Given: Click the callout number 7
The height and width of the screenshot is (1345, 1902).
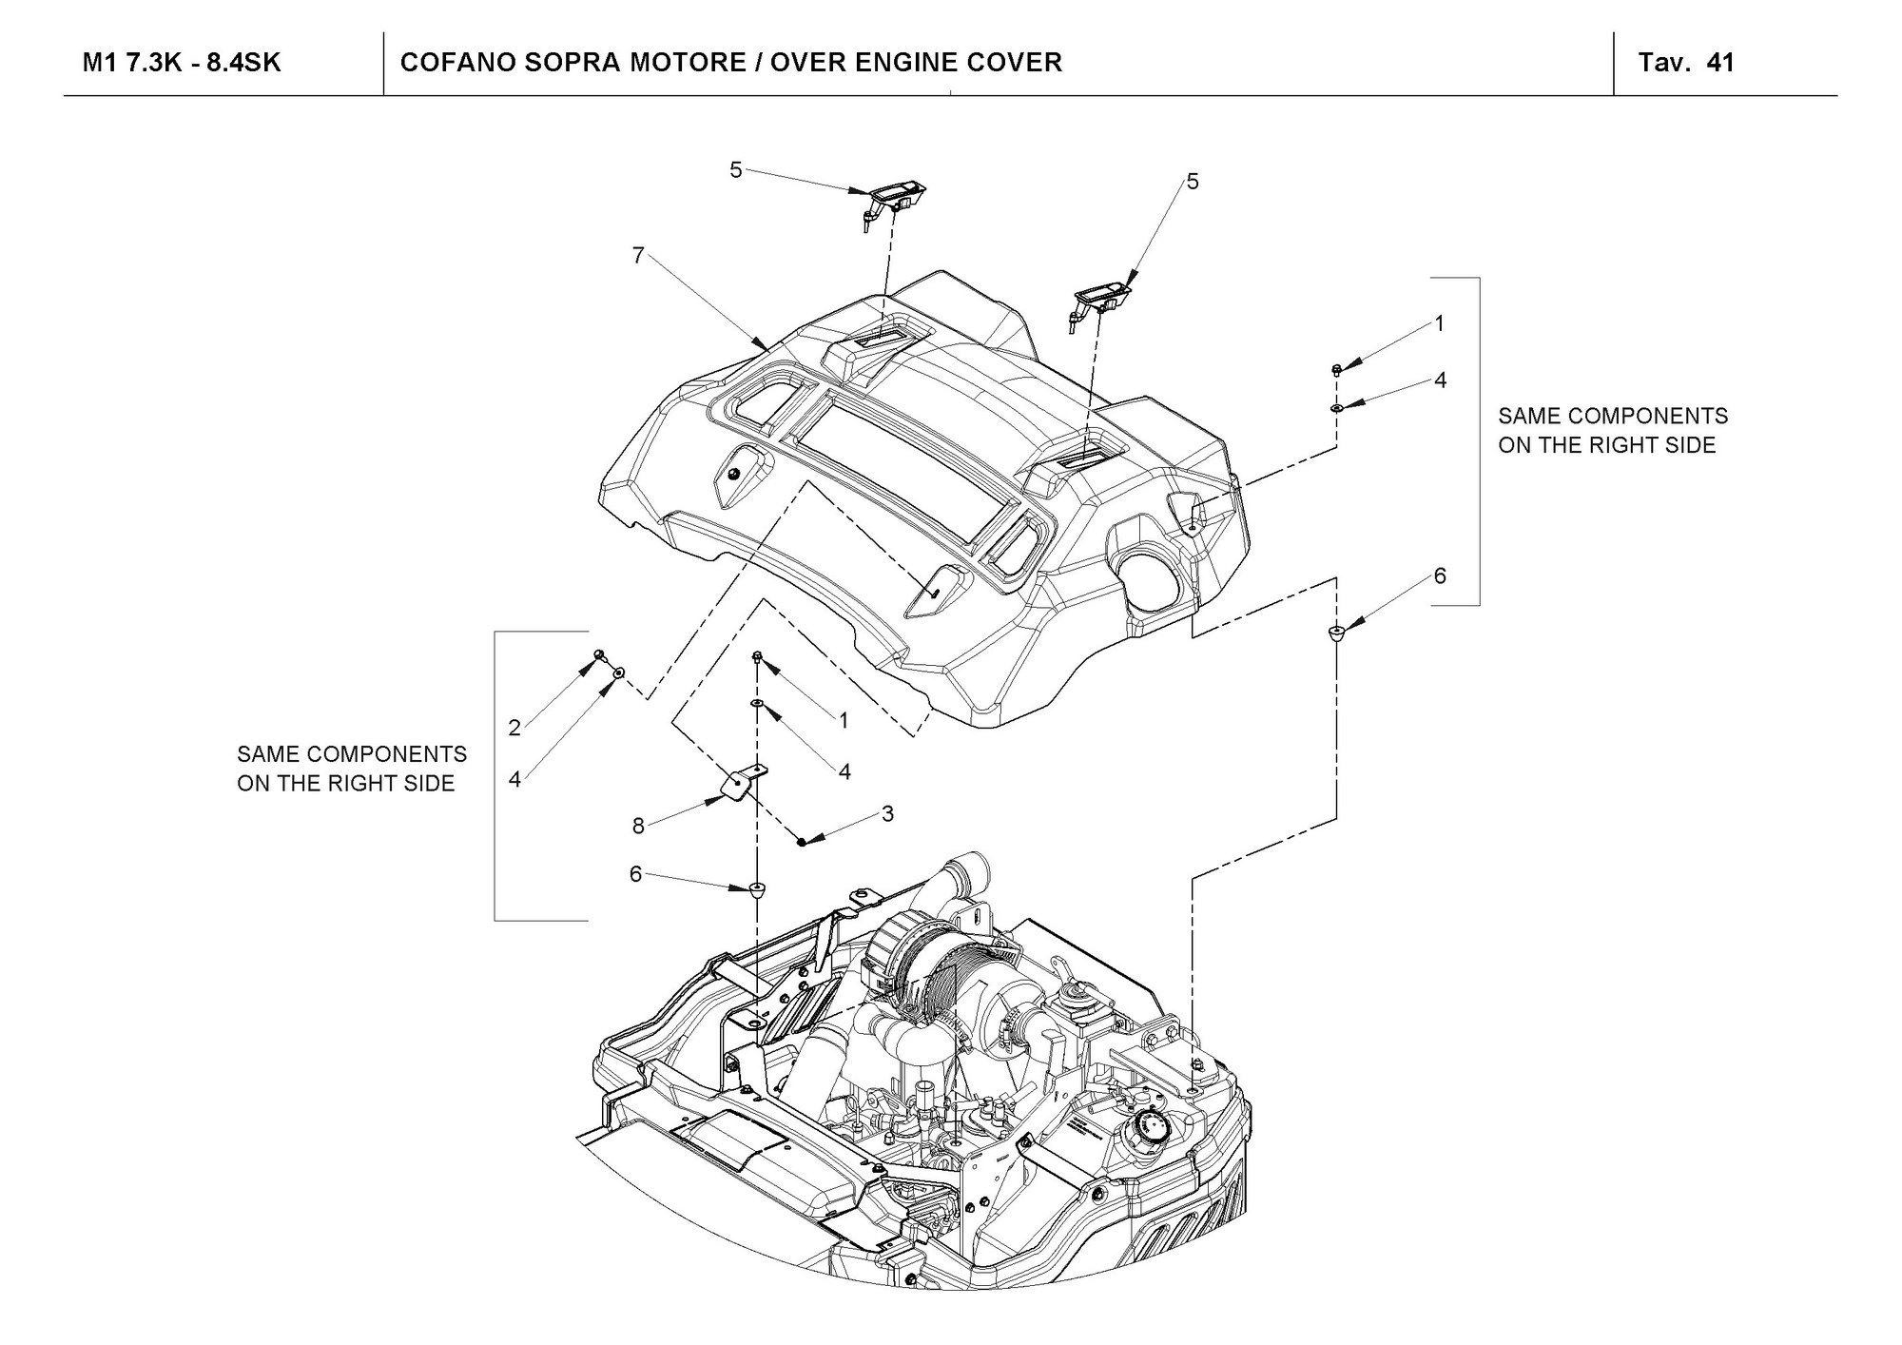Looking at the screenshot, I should pos(638,255).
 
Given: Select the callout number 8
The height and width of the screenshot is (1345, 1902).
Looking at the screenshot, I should pos(639,826).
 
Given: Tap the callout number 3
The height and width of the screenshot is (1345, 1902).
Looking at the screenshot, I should pos(887,813).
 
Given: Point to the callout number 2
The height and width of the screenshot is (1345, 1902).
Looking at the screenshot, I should pos(514,728).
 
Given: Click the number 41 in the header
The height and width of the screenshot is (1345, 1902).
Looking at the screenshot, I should pos(1720,63).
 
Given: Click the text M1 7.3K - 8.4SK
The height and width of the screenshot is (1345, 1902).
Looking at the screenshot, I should pos(182,63).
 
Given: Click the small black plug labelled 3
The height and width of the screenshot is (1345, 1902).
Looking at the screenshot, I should pos(802,841).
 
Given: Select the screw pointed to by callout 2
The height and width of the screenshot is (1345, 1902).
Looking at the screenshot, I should pos(599,654).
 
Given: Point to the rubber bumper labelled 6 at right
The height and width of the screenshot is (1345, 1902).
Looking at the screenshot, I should pos(1336,633).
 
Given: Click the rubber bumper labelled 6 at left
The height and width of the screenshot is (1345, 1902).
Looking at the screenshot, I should pos(757,889).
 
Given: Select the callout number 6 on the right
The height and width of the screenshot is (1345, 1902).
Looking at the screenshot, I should pos(1440,575).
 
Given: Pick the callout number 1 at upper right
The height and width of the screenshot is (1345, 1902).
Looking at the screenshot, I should pos(1440,323).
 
